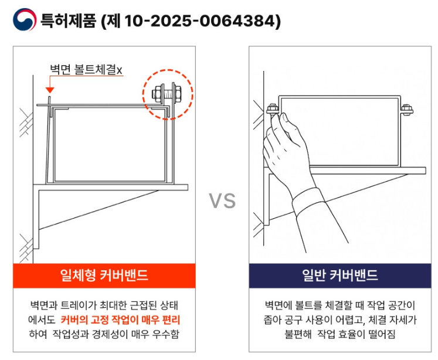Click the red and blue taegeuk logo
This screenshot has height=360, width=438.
(25, 19)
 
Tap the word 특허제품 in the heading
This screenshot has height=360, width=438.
(69, 21)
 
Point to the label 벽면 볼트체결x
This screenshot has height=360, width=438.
(86, 70)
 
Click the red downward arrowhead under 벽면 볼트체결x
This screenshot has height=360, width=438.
(50, 90)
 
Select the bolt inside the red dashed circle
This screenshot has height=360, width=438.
(167, 93)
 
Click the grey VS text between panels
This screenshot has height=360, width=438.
(222, 201)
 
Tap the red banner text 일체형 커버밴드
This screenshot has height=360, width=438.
(104, 275)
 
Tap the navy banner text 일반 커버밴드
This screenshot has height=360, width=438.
(340, 275)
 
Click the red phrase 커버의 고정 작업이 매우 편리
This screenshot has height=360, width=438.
(120, 320)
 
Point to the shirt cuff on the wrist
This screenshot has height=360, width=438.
(308, 201)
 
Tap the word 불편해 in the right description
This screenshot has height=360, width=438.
(298, 334)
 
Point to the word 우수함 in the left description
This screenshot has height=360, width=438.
(166, 334)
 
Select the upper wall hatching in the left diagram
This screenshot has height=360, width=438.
(26, 123)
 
